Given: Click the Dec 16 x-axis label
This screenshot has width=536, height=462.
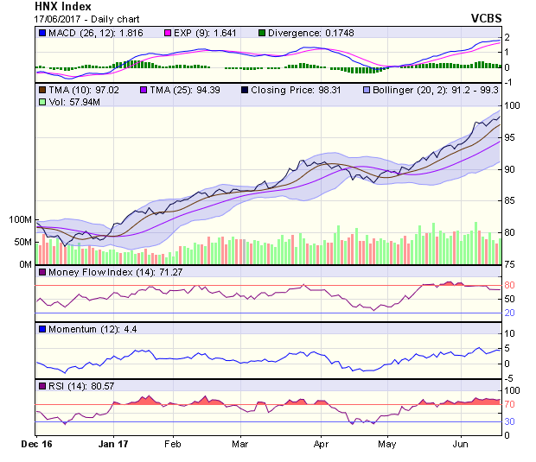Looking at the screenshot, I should click(36, 444).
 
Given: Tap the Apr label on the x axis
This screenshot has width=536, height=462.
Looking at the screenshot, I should click(322, 444).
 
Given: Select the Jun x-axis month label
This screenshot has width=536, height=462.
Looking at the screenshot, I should click(460, 444).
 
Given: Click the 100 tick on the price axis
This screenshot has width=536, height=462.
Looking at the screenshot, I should click(511, 105).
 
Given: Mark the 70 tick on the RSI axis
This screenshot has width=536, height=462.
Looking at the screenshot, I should click(509, 404).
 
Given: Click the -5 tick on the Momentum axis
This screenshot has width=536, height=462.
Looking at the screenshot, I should click(510, 377).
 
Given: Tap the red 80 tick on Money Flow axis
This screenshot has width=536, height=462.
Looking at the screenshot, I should click(509, 285).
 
